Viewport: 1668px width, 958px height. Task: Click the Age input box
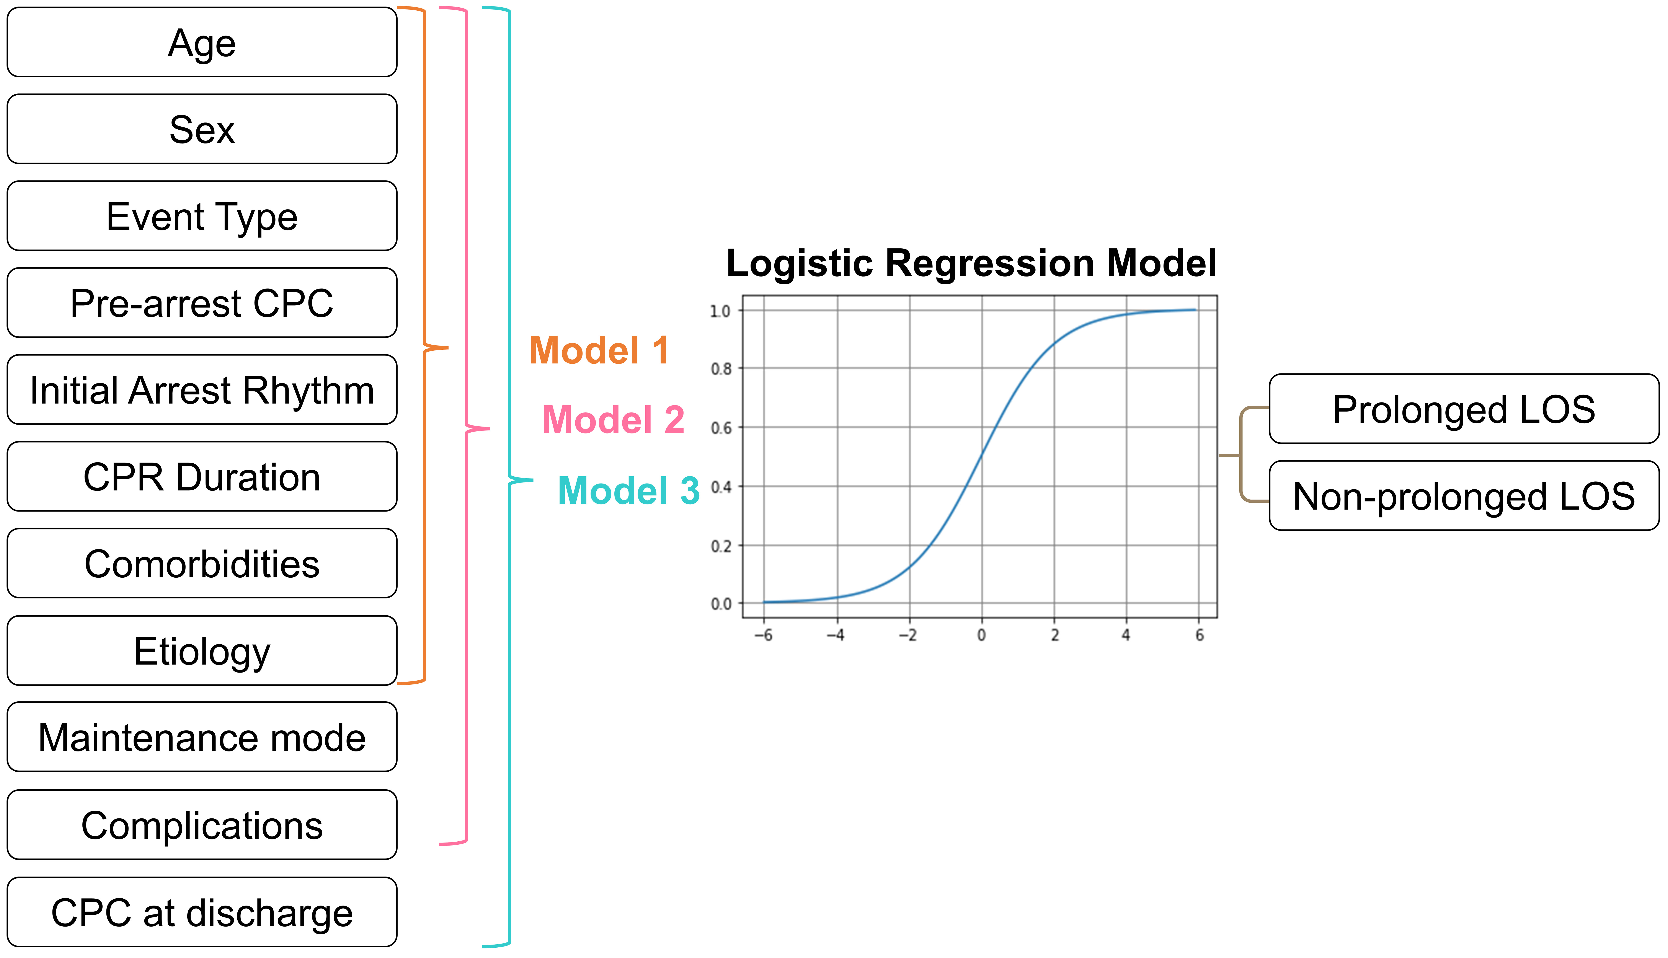(202, 42)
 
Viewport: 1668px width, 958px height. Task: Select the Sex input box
(202, 129)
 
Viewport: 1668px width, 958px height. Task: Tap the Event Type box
(202, 216)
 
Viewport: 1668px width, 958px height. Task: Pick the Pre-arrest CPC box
(202, 303)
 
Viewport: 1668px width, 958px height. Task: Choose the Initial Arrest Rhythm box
(202, 389)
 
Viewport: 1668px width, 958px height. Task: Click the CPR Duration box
(202, 476)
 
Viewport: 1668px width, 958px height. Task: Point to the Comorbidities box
(202, 563)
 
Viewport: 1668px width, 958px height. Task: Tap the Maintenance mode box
(202, 737)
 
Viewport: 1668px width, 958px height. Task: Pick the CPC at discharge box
(202, 912)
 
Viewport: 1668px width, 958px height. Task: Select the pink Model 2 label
(613, 420)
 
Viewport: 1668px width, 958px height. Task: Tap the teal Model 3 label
(628, 491)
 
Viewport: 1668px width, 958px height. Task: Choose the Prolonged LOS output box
(1464, 409)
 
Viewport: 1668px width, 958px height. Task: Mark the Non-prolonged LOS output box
(1464, 495)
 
